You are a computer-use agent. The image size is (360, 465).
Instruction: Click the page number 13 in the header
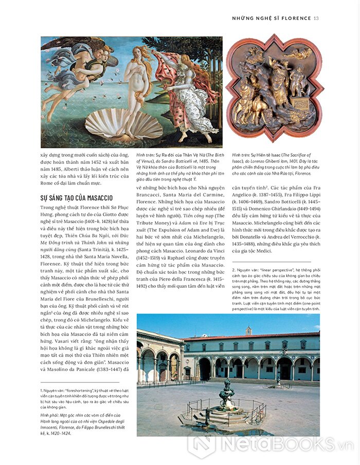click(x=316, y=18)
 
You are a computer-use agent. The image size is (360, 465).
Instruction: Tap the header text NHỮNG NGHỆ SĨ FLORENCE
click(x=272, y=18)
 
